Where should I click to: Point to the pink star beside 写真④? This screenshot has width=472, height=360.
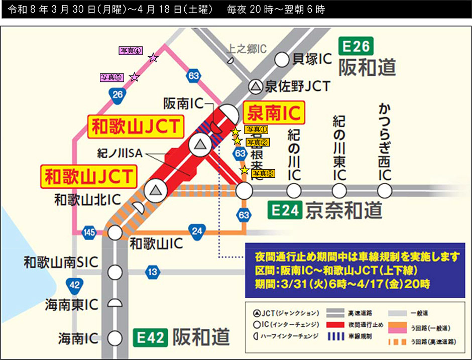[153, 58]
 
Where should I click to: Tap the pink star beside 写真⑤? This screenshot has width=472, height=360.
[134, 77]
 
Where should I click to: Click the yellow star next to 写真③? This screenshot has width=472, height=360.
[244, 171]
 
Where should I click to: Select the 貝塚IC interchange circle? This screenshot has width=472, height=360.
[282, 60]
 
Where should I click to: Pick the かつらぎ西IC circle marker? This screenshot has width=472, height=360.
[385, 191]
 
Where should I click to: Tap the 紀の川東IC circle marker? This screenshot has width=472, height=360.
[339, 191]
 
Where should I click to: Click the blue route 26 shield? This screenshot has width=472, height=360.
[118, 94]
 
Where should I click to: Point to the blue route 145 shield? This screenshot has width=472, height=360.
[90, 232]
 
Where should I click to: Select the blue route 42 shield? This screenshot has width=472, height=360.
[74, 285]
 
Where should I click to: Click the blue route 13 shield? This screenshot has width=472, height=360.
[153, 273]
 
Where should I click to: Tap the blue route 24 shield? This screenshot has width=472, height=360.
[196, 231]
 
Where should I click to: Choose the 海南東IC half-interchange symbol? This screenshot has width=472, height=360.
[116, 304]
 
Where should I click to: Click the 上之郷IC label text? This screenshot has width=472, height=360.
[247, 49]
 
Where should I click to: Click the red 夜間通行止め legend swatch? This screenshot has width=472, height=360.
[346, 325]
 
